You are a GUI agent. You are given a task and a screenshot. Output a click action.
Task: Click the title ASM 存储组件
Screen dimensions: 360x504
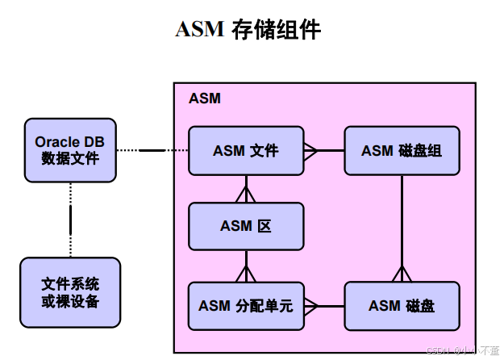coord(248,30)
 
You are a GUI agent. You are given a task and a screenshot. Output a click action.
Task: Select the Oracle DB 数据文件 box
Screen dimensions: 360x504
coord(69,150)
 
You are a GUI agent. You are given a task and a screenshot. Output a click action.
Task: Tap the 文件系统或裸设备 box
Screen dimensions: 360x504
coord(70,292)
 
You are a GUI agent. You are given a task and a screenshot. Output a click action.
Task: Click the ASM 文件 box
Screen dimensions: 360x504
coord(246,151)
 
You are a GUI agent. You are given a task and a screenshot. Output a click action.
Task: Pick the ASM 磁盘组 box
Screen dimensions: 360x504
coord(401,151)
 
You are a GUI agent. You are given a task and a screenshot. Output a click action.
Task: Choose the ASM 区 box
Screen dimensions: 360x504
coord(246,226)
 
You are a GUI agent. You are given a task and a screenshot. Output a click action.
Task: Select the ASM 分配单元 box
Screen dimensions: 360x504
coord(246,305)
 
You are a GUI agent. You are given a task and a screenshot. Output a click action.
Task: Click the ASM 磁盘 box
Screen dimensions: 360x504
coord(401,305)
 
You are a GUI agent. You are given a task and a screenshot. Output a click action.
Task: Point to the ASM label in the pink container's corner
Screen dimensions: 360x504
coord(205,98)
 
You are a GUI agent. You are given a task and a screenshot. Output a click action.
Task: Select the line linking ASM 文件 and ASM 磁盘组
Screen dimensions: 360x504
coord(324,150)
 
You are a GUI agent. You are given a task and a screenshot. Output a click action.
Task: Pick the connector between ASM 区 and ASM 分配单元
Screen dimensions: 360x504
coord(246,266)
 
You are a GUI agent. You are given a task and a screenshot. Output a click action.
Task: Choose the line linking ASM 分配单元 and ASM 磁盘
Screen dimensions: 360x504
coord(324,305)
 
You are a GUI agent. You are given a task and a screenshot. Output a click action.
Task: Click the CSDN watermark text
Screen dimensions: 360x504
coord(459,350)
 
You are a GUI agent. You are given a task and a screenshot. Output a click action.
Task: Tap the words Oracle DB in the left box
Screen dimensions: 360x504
coord(69,142)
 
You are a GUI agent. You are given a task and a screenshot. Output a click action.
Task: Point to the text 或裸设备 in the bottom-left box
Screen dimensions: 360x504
coord(70,301)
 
